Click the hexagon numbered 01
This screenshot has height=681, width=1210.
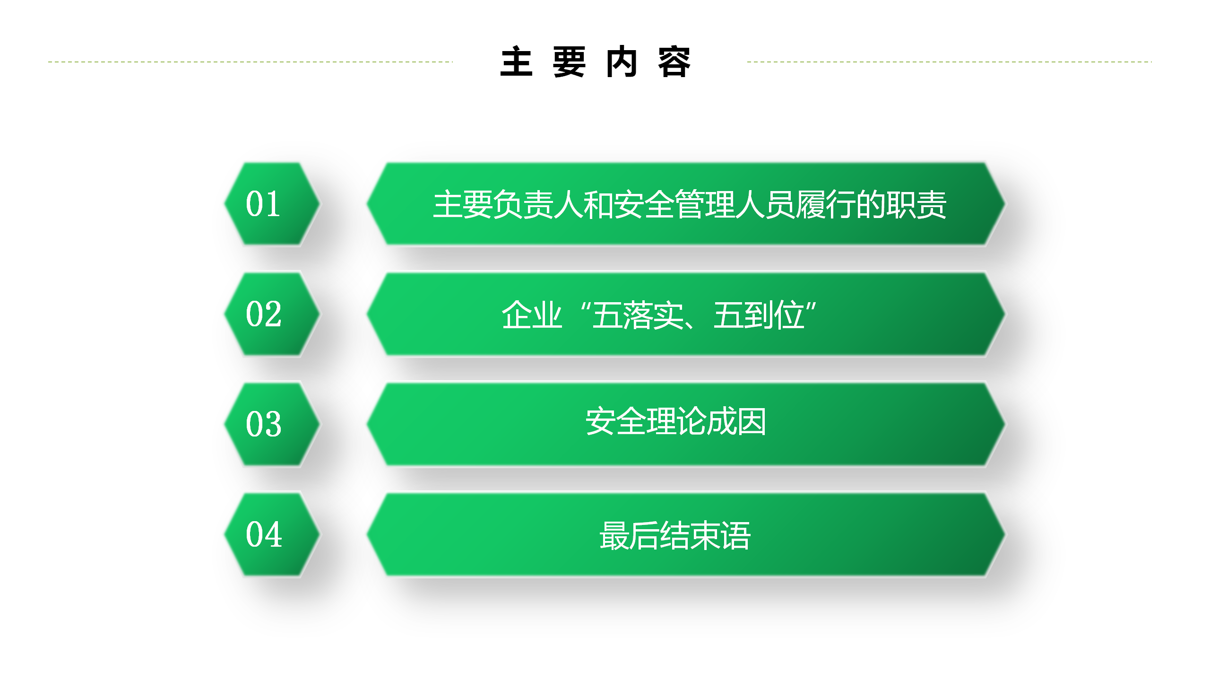pos(272,204)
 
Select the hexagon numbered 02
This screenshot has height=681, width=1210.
pos(272,314)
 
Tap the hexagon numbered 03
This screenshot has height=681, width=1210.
pos(272,424)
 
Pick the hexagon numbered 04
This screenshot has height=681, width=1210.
pos(272,534)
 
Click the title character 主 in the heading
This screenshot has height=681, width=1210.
pos(517,62)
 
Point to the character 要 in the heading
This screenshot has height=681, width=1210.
pos(569,62)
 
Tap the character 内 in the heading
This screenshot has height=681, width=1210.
pos(622,62)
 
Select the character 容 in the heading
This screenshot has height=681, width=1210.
pos(674,62)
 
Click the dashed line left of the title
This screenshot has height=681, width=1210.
pos(250,61)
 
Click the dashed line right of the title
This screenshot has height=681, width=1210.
pos(950,61)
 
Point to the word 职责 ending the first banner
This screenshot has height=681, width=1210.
pos(916,205)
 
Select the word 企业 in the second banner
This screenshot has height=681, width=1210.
pos(532,315)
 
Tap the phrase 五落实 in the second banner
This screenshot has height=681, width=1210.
pos(638,315)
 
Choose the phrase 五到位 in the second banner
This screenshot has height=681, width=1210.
pos(759,315)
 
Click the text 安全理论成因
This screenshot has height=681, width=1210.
pos(676,421)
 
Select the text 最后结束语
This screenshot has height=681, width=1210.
pos(675,536)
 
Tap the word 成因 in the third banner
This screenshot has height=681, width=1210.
pos(736,421)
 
